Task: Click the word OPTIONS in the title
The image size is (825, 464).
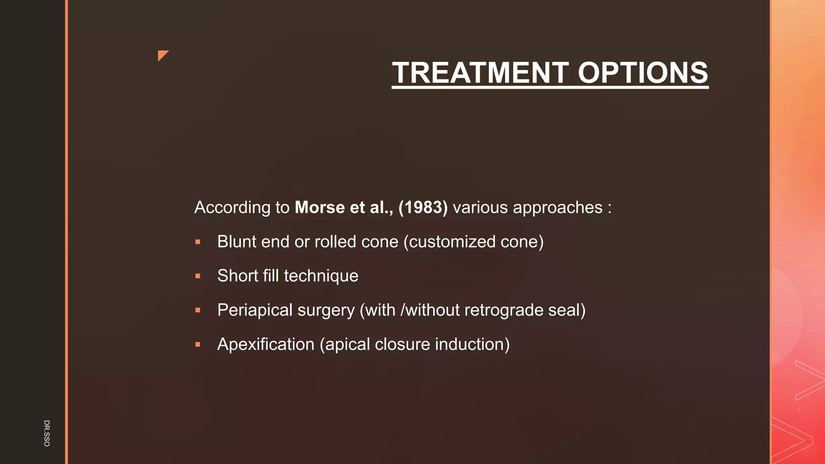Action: click(643, 73)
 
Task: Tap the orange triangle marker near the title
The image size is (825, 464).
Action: click(162, 55)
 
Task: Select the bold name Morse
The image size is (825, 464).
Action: click(320, 207)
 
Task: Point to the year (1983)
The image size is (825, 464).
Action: click(423, 207)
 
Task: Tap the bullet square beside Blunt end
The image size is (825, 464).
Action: click(198, 242)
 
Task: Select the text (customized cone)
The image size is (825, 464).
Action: click(473, 242)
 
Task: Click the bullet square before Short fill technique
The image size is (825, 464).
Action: click(198, 276)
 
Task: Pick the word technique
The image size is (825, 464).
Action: click(321, 276)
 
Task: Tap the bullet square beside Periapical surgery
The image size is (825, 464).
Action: click(198, 311)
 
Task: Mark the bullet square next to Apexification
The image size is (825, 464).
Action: click(198, 345)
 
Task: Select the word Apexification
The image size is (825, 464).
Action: click(266, 344)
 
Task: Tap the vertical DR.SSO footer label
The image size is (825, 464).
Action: click(47, 433)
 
